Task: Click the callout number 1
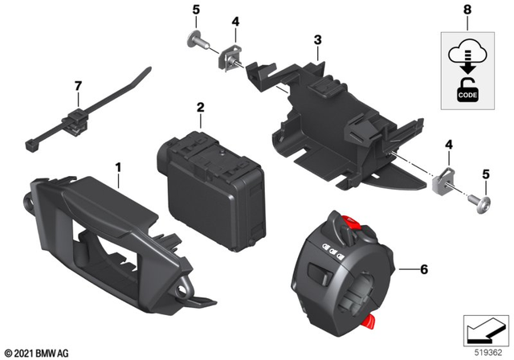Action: coord(118,168)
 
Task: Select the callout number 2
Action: coord(200,107)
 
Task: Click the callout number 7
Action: coord(78,85)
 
